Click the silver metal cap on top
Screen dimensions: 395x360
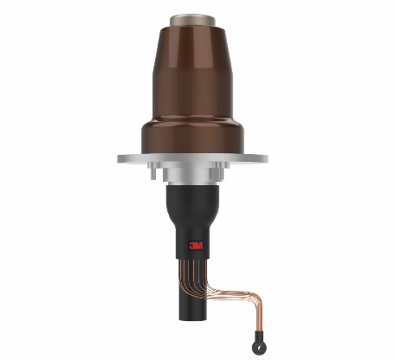point(192,21)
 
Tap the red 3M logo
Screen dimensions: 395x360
point(196,246)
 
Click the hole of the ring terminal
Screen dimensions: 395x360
point(258,346)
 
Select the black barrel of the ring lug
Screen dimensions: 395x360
point(257,335)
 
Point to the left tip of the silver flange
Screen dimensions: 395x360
point(118,158)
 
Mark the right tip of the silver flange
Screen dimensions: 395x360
point(267,158)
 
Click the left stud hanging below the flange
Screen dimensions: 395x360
point(153,173)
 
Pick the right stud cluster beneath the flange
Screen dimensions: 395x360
point(219,170)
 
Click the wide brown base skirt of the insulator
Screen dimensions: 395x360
point(192,136)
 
